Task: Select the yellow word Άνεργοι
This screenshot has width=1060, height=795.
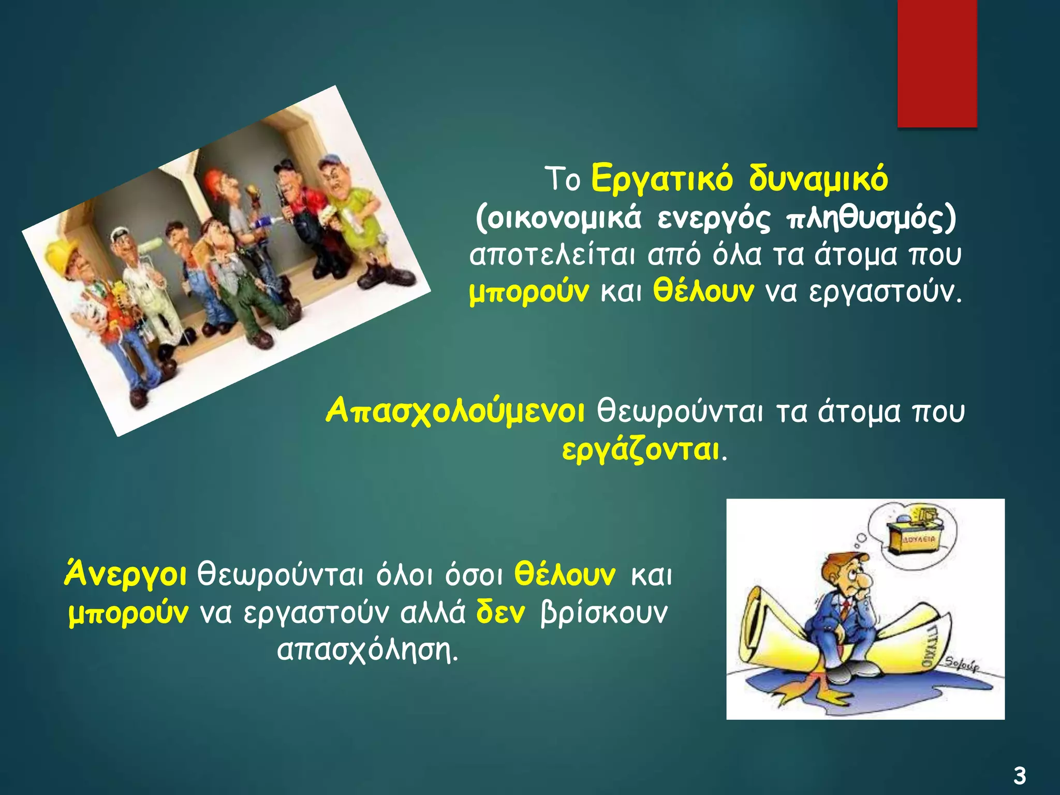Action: tap(125, 575)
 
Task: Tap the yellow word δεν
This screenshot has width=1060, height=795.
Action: tap(500, 612)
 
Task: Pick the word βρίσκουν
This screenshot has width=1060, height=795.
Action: tap(603, 613)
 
